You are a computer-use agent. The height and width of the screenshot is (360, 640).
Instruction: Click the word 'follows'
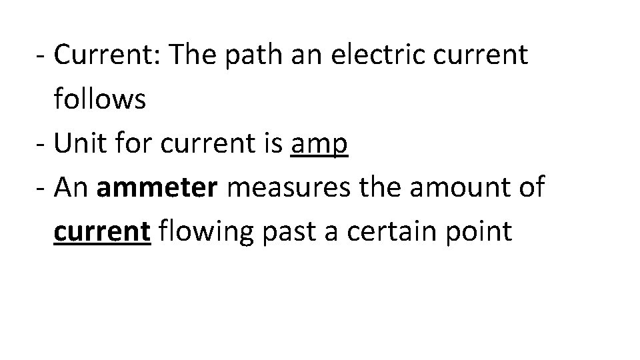(x=100, y=100)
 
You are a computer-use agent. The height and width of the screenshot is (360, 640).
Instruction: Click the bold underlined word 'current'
(x=102, y=232)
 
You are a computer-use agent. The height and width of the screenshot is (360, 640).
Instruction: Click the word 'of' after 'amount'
(x=533, y=188)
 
